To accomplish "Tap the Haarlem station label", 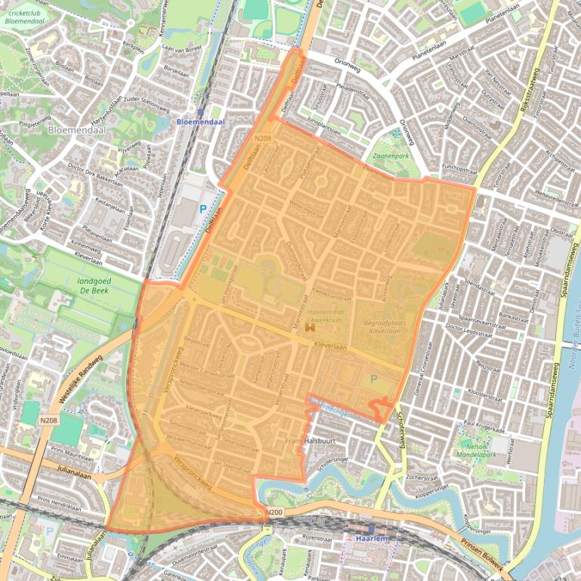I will [372, 539].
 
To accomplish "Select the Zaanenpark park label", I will [390, 158].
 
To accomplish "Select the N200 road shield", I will [275, 514].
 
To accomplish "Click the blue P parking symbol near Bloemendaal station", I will [202, 208].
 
